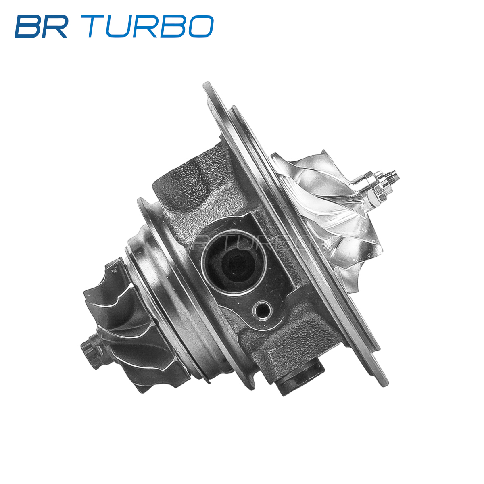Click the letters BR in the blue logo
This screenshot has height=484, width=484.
tap(42, 26)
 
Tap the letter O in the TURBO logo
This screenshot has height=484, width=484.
tap(200, 26)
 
